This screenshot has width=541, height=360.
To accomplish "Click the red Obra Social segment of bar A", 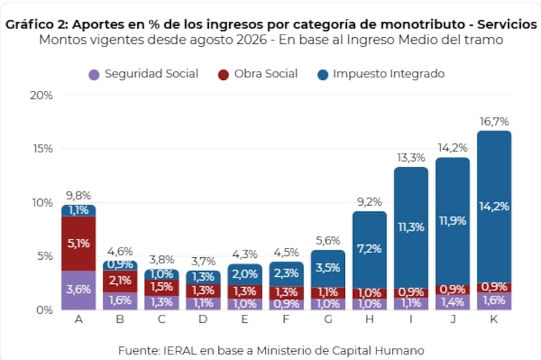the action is [78, 244].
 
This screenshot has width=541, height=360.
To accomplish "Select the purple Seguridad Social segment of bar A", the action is [78, 290].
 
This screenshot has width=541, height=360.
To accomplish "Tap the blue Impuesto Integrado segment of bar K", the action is [494, 207].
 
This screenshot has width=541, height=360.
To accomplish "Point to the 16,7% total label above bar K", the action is [494, 122].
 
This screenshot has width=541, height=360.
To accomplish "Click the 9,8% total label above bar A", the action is [78, 196].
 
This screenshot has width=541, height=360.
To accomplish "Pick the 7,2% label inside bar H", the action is [369, 249].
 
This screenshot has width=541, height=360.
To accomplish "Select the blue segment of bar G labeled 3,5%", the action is [328, 269].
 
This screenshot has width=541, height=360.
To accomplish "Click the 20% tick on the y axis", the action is [41, 95].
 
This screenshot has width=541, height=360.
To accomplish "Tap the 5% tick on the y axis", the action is [45, 256].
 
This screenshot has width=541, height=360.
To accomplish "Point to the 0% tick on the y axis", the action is [45, 310].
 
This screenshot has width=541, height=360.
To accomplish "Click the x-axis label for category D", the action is [203, 319].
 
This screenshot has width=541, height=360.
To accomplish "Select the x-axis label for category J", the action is [452, 319].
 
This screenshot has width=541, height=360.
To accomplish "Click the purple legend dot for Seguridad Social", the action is [94, 74].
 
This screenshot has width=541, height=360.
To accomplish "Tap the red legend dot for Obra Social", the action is [224, 74].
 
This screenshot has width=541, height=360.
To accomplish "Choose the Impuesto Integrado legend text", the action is [389, 74].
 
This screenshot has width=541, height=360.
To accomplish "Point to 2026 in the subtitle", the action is [252, 40].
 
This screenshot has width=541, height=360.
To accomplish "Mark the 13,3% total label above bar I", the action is [411, 158].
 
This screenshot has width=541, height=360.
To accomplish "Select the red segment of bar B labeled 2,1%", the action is [120, 282].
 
